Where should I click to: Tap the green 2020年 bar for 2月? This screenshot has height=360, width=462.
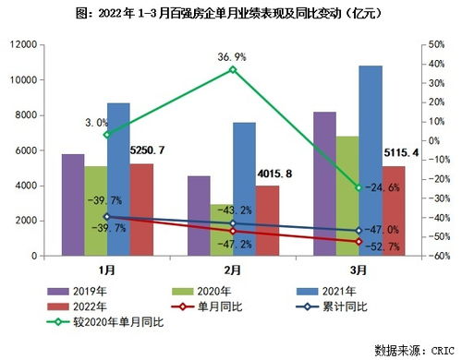click(x=221, y=231)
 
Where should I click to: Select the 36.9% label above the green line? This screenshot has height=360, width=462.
click(x=232, y=56)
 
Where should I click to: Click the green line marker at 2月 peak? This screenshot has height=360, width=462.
click(x=233, y=70)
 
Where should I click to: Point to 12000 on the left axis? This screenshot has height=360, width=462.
click(x=24, y=45)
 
